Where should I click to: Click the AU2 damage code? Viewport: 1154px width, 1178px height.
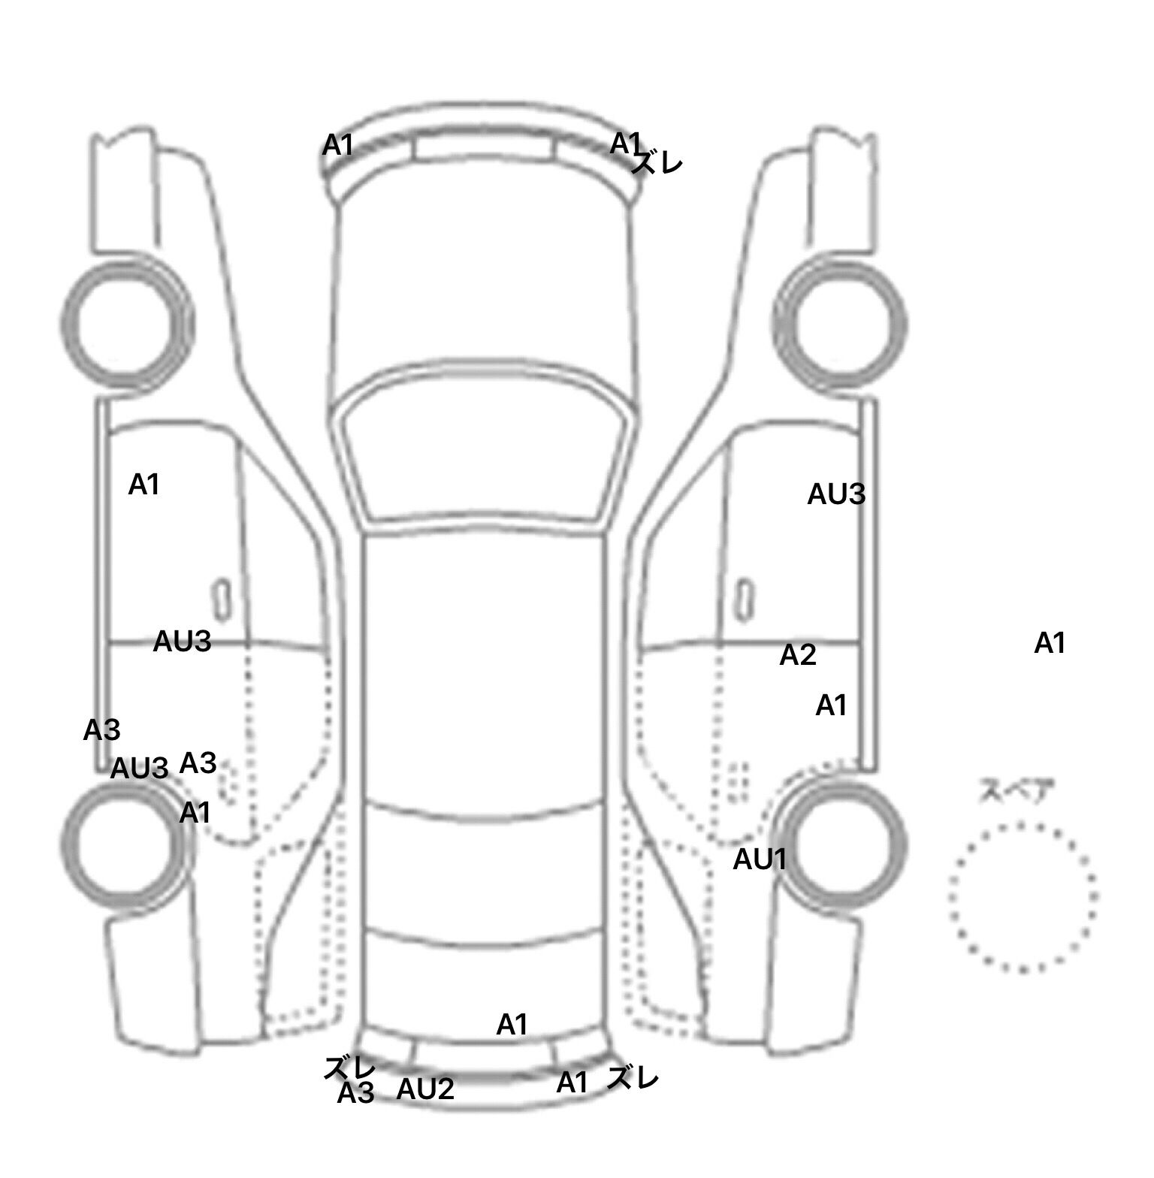[x=425, y=1089]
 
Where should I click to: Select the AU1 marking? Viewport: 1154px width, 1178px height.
[x=759, y=859]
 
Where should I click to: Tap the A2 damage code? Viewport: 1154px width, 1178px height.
[x=797, y=655]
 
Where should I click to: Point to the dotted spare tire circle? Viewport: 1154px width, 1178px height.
[x=1023, y=897]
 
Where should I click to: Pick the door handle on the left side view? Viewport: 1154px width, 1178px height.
[x=222, y=600]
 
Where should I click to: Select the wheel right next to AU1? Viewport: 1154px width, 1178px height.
[x=841, y=845]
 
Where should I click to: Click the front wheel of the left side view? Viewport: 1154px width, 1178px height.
[x=127, y=323]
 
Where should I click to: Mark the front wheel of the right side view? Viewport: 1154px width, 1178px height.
[x=840, y=323]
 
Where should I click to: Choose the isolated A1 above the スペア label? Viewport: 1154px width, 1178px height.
[x=1050, y=643]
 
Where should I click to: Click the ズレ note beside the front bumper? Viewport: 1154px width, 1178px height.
[x=657, y=162]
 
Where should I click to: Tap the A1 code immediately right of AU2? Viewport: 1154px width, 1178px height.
[x=572, y=1083]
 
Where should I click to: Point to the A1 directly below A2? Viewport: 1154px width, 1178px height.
[x=831, y=705]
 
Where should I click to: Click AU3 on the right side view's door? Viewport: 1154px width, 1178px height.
[x=836, y=494]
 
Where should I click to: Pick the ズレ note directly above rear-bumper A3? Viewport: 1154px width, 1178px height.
[x=349, y=1067]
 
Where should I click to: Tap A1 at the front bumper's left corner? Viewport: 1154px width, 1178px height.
[x=337, y=145]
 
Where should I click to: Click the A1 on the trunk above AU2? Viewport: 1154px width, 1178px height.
[x=512, y=1024]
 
